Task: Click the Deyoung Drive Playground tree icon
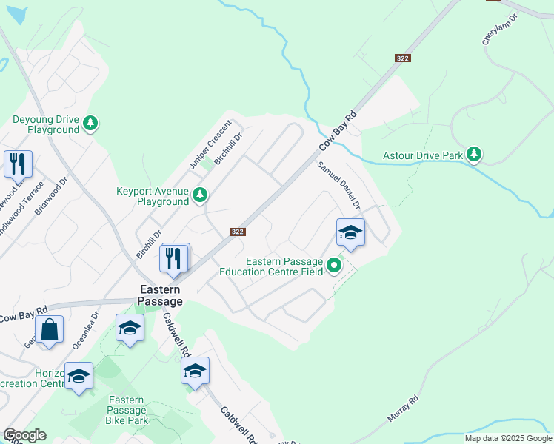click(x=90, y=122)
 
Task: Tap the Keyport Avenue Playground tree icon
click(x=199, y=195)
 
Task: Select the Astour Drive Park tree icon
click(x=474, y=155)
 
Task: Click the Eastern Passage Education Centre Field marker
click(x=334, y=264)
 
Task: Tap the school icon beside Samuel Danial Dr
click(x=350, y=233)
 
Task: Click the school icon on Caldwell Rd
click(x=195, y=371)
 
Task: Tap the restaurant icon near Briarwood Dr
click(x=18, y=164)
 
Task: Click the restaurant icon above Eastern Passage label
click(x=174, y=258)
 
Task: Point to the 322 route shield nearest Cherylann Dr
click(x=402, y=58)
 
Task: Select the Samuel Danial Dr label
click(x=338, y=185)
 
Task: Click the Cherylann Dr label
click(x=497, y=30)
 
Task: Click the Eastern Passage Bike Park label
click(x=127, y=410)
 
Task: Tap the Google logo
click(x=24, y=435)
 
